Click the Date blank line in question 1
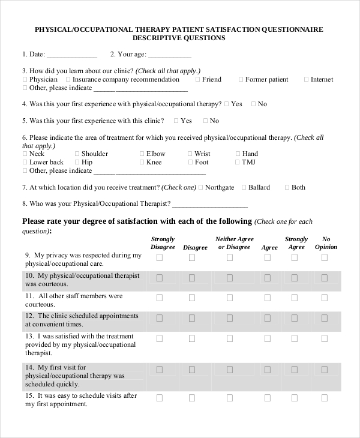click(71, 55)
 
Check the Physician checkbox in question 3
click(25, 80)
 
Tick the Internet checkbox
click(306, 80)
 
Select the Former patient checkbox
click(241, 80)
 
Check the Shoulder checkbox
click(77, 154)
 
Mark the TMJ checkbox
click(238, 163)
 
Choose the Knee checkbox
click(142, 163)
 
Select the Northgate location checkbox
click(200, 188)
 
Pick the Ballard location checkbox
click(244, 188)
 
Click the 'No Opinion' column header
click(326, 243)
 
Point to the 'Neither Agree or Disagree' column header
click(234, 243)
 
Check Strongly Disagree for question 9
click(160, 257)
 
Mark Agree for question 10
click(268, 278)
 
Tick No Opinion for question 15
click(325, 398)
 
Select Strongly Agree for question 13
click(294, 338)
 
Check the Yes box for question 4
click(226, 104)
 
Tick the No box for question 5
click(205, 121)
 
